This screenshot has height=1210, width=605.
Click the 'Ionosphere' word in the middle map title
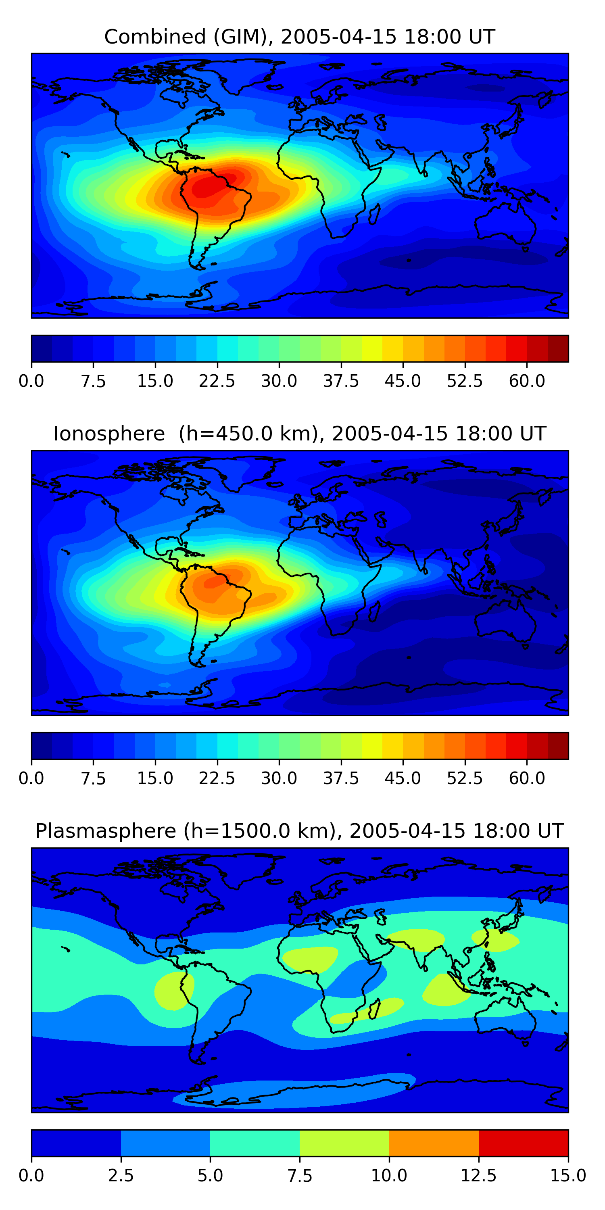pyautogui.click(x=109, y=434)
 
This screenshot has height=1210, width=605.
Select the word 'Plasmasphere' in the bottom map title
pyautogui.click(x=106, y=831)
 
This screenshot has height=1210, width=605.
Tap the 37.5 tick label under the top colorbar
pyautogui.click(x=340, y=381)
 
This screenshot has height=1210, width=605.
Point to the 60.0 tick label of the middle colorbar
pyautogui.click(x=527, y=778)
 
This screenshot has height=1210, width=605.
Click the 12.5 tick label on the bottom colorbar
pyautogui.click(x=478, y=1175)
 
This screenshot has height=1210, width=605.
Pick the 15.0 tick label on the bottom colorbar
pyautogui.click(x=567, y=1175)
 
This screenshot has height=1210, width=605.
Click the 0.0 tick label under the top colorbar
pyautogui.click(x=31, y=381)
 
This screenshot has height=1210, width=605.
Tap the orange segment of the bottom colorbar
pyautogui.click(x=434, y=1143)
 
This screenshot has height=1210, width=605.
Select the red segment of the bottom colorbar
pyautogui.click(x=523, y=1143)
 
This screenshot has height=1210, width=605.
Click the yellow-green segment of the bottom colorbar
pyautogui.click(x=344, y=1143)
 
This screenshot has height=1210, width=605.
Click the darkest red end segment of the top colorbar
pyautogui.click(x=558, y=348)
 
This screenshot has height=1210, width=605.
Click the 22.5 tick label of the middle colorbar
pyautogui.click(x=217, y=778)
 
